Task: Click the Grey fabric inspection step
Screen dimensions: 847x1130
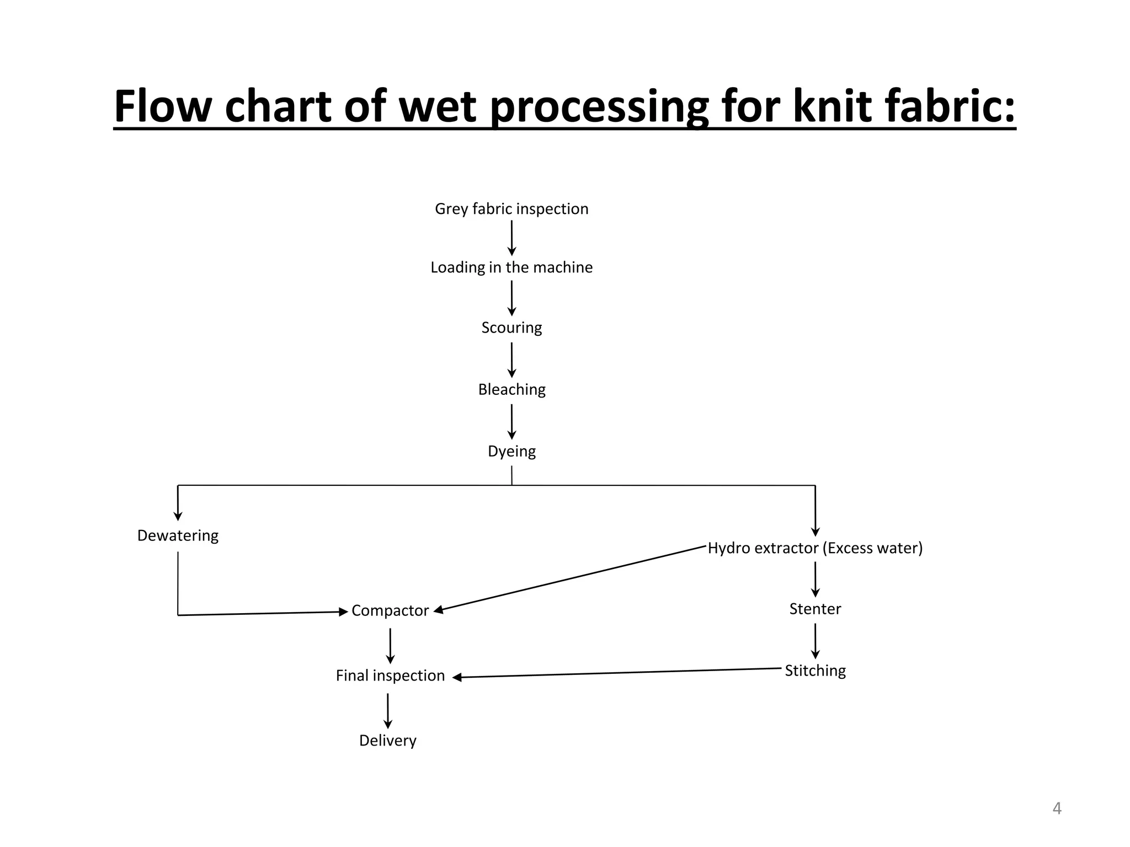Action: click(511, 209)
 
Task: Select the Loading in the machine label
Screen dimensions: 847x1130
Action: click(511, 267)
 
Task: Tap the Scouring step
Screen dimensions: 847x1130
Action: click(511, 328)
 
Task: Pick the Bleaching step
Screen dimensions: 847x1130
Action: click(511, 389)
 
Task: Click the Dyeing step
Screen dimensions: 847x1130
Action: click(511, 451)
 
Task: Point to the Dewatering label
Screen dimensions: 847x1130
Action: click(178, 535)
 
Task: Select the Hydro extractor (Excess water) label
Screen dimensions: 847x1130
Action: click(815, 548)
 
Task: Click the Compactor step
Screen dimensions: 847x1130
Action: click(390, 610)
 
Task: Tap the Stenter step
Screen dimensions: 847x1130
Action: click(815, 609)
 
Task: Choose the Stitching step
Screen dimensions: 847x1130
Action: click(815, 671)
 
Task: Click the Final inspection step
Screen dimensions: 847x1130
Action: click(390, 676)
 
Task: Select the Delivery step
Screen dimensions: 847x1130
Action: click(387, 741)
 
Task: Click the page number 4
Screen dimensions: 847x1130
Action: click(1057, 808)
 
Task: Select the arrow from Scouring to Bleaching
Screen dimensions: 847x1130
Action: click(511, 360)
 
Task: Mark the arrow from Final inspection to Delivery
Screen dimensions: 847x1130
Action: click(388, 710)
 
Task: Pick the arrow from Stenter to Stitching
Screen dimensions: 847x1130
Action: click(815, 641)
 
